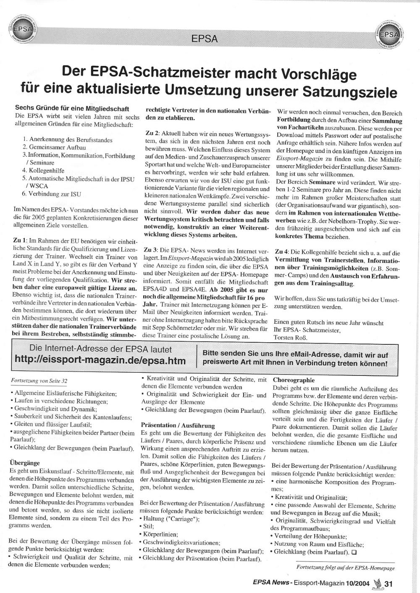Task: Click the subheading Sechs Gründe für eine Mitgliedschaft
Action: pyautogui.click(x=72, y=109)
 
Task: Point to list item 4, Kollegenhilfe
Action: pyautogui.click(x=43, y=171)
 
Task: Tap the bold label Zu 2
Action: pyautogui.click(x=152, y=133)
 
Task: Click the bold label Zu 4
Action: pyautogui.click(x=281, y=253)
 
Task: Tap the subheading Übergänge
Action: pyautogui.click(x=24, y=463)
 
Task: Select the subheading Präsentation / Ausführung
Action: pyautogui.click(x=178, y=425)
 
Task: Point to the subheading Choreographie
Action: pyautogui.click(x=294, y=380)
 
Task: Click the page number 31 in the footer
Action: pyautogui.click(x=388, y=583)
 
